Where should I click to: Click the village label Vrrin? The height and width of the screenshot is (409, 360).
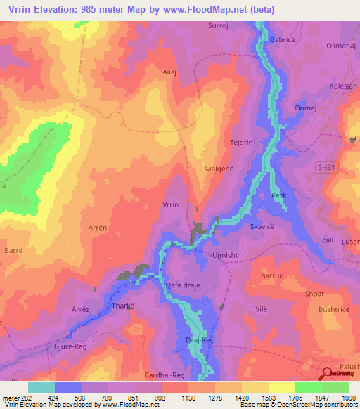tap(171, 204)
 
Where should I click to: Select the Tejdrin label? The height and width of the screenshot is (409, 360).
tap(241, 143)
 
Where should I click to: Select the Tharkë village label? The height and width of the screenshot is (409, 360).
tap(123, 306)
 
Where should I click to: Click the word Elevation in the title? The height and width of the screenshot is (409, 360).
tap(61, 10)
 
